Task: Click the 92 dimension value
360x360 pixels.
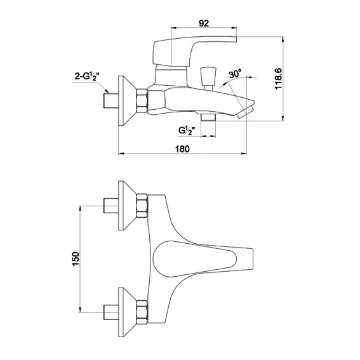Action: [x=204, y=23]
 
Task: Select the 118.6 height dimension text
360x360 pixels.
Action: [x=278, y=79]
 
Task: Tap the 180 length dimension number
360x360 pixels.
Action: [x=182, y=149]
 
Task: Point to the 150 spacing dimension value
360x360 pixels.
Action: [x=76, y=258]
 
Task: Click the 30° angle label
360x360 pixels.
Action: [x=235, y=74]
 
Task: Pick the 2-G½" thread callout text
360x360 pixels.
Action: [x=86, y=76]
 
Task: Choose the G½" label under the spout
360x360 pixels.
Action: [x=187, y=131]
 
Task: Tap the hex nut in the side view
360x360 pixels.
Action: [x=142, y=101]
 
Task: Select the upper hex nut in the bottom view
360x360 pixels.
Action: [x=142, y=206]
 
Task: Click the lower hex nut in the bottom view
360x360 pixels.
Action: [x=142, y=312]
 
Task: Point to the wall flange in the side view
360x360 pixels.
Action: [x=127, y=100]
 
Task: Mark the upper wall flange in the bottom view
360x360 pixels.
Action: [x=127, y=206]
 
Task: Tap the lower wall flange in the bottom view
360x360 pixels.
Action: [x=127, y=312]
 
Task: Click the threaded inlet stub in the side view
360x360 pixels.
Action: [x=111, y=101]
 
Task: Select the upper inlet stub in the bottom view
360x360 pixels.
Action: [x=111, y=206]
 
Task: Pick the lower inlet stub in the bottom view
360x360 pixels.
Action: [x=111, y=312]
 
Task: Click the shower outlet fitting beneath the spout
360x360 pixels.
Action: [x=208, y=116]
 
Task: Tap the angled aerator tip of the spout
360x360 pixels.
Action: [x=246, y=112]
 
